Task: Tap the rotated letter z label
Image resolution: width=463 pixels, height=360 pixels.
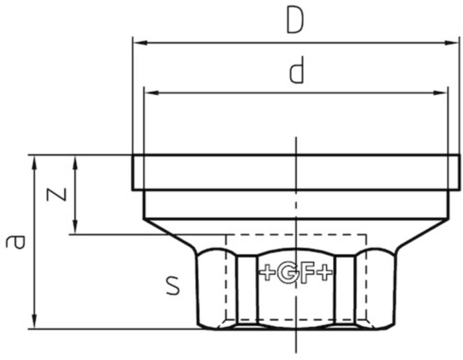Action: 57,194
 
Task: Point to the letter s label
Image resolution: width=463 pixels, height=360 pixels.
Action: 173,285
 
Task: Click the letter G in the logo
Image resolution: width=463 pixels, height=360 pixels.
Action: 287,274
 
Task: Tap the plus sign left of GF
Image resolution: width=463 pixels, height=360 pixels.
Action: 268,274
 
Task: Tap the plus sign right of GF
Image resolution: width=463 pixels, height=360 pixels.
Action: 325,274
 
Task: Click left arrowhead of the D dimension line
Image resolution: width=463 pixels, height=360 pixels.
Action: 140,43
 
